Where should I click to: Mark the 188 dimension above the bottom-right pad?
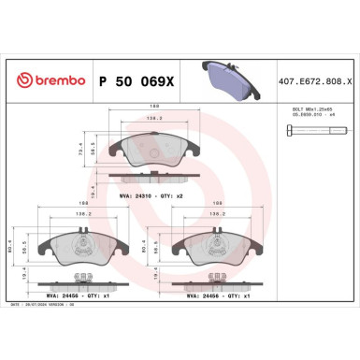coord(216,201)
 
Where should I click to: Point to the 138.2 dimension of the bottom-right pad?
coord(216,214)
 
